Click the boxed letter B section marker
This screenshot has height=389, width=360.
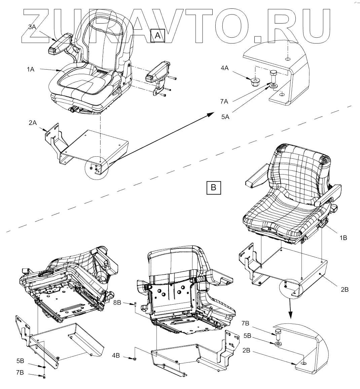[213, 187]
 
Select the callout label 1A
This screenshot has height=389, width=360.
[31, 69]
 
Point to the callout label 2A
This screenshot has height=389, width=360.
[32, 123]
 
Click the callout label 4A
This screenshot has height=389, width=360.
[224, 68]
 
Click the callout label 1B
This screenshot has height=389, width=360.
[343, 237]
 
